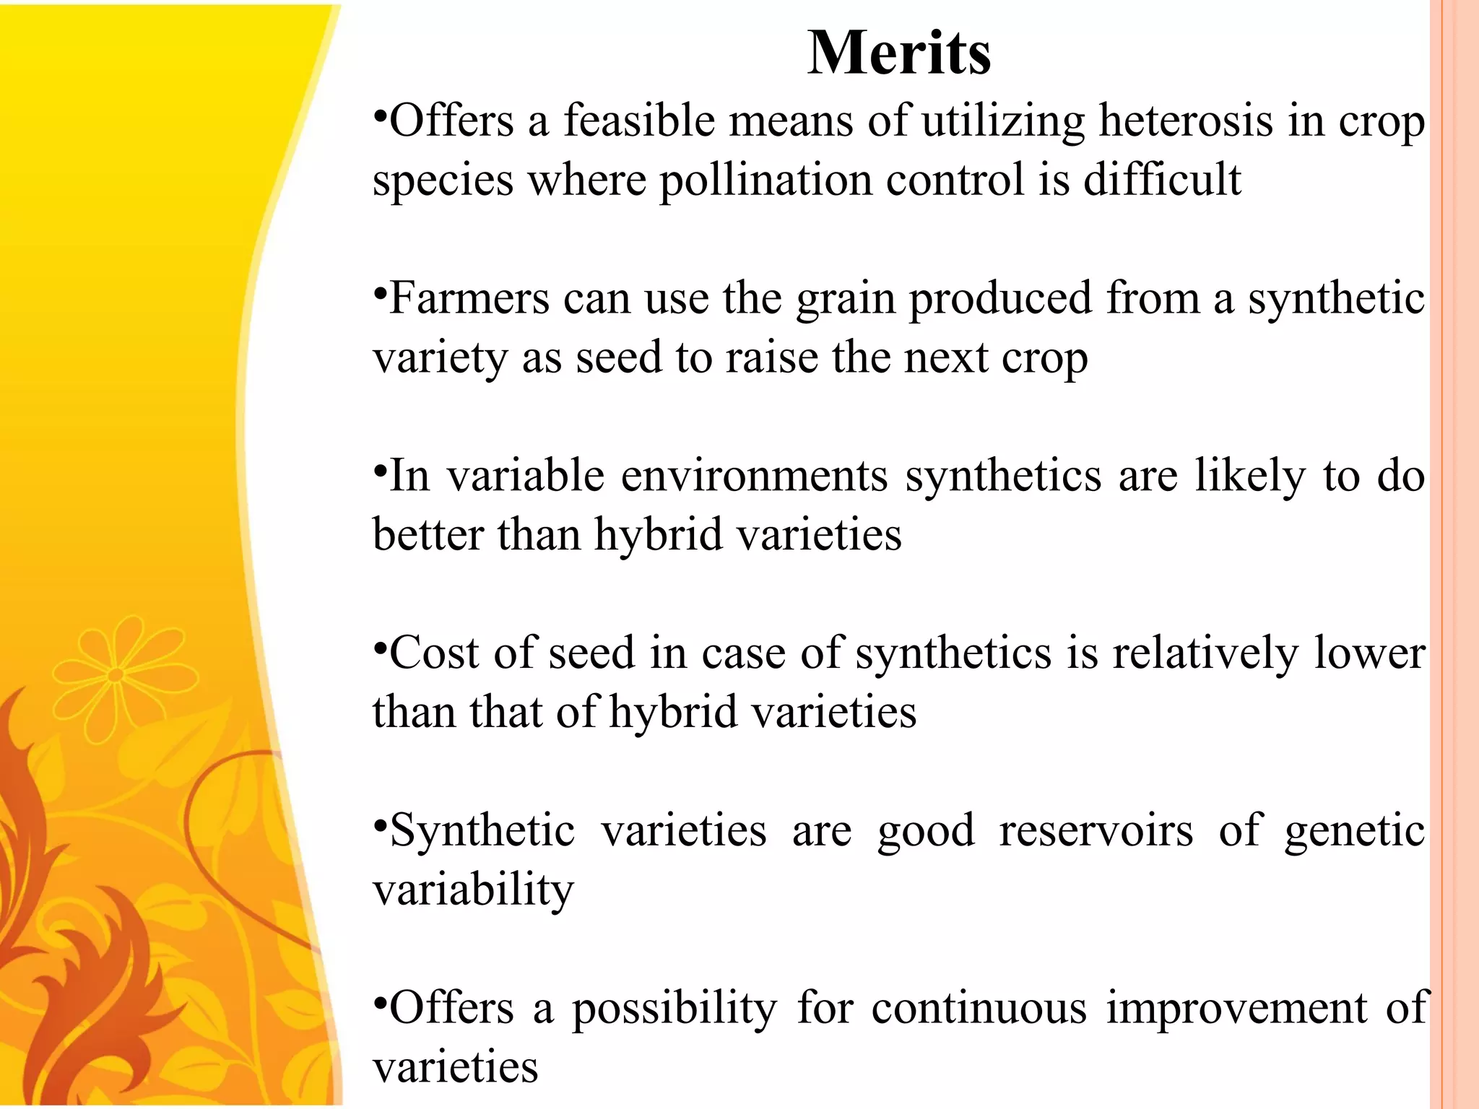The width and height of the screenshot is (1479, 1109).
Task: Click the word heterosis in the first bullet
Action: (1185, 121)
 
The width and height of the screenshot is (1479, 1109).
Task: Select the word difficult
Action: (1162, 180)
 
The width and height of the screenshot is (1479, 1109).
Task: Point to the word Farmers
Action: (469, 298)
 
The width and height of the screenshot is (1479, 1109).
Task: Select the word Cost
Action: (434, 653)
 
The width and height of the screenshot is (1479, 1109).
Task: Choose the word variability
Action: (473, 890)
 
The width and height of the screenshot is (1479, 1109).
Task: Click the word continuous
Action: (979, 1008)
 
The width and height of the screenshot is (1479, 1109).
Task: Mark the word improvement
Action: (1236, 1009)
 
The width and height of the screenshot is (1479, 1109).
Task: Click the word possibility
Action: (675, 1009)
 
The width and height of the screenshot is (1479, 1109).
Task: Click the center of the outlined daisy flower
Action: (116, 676)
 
